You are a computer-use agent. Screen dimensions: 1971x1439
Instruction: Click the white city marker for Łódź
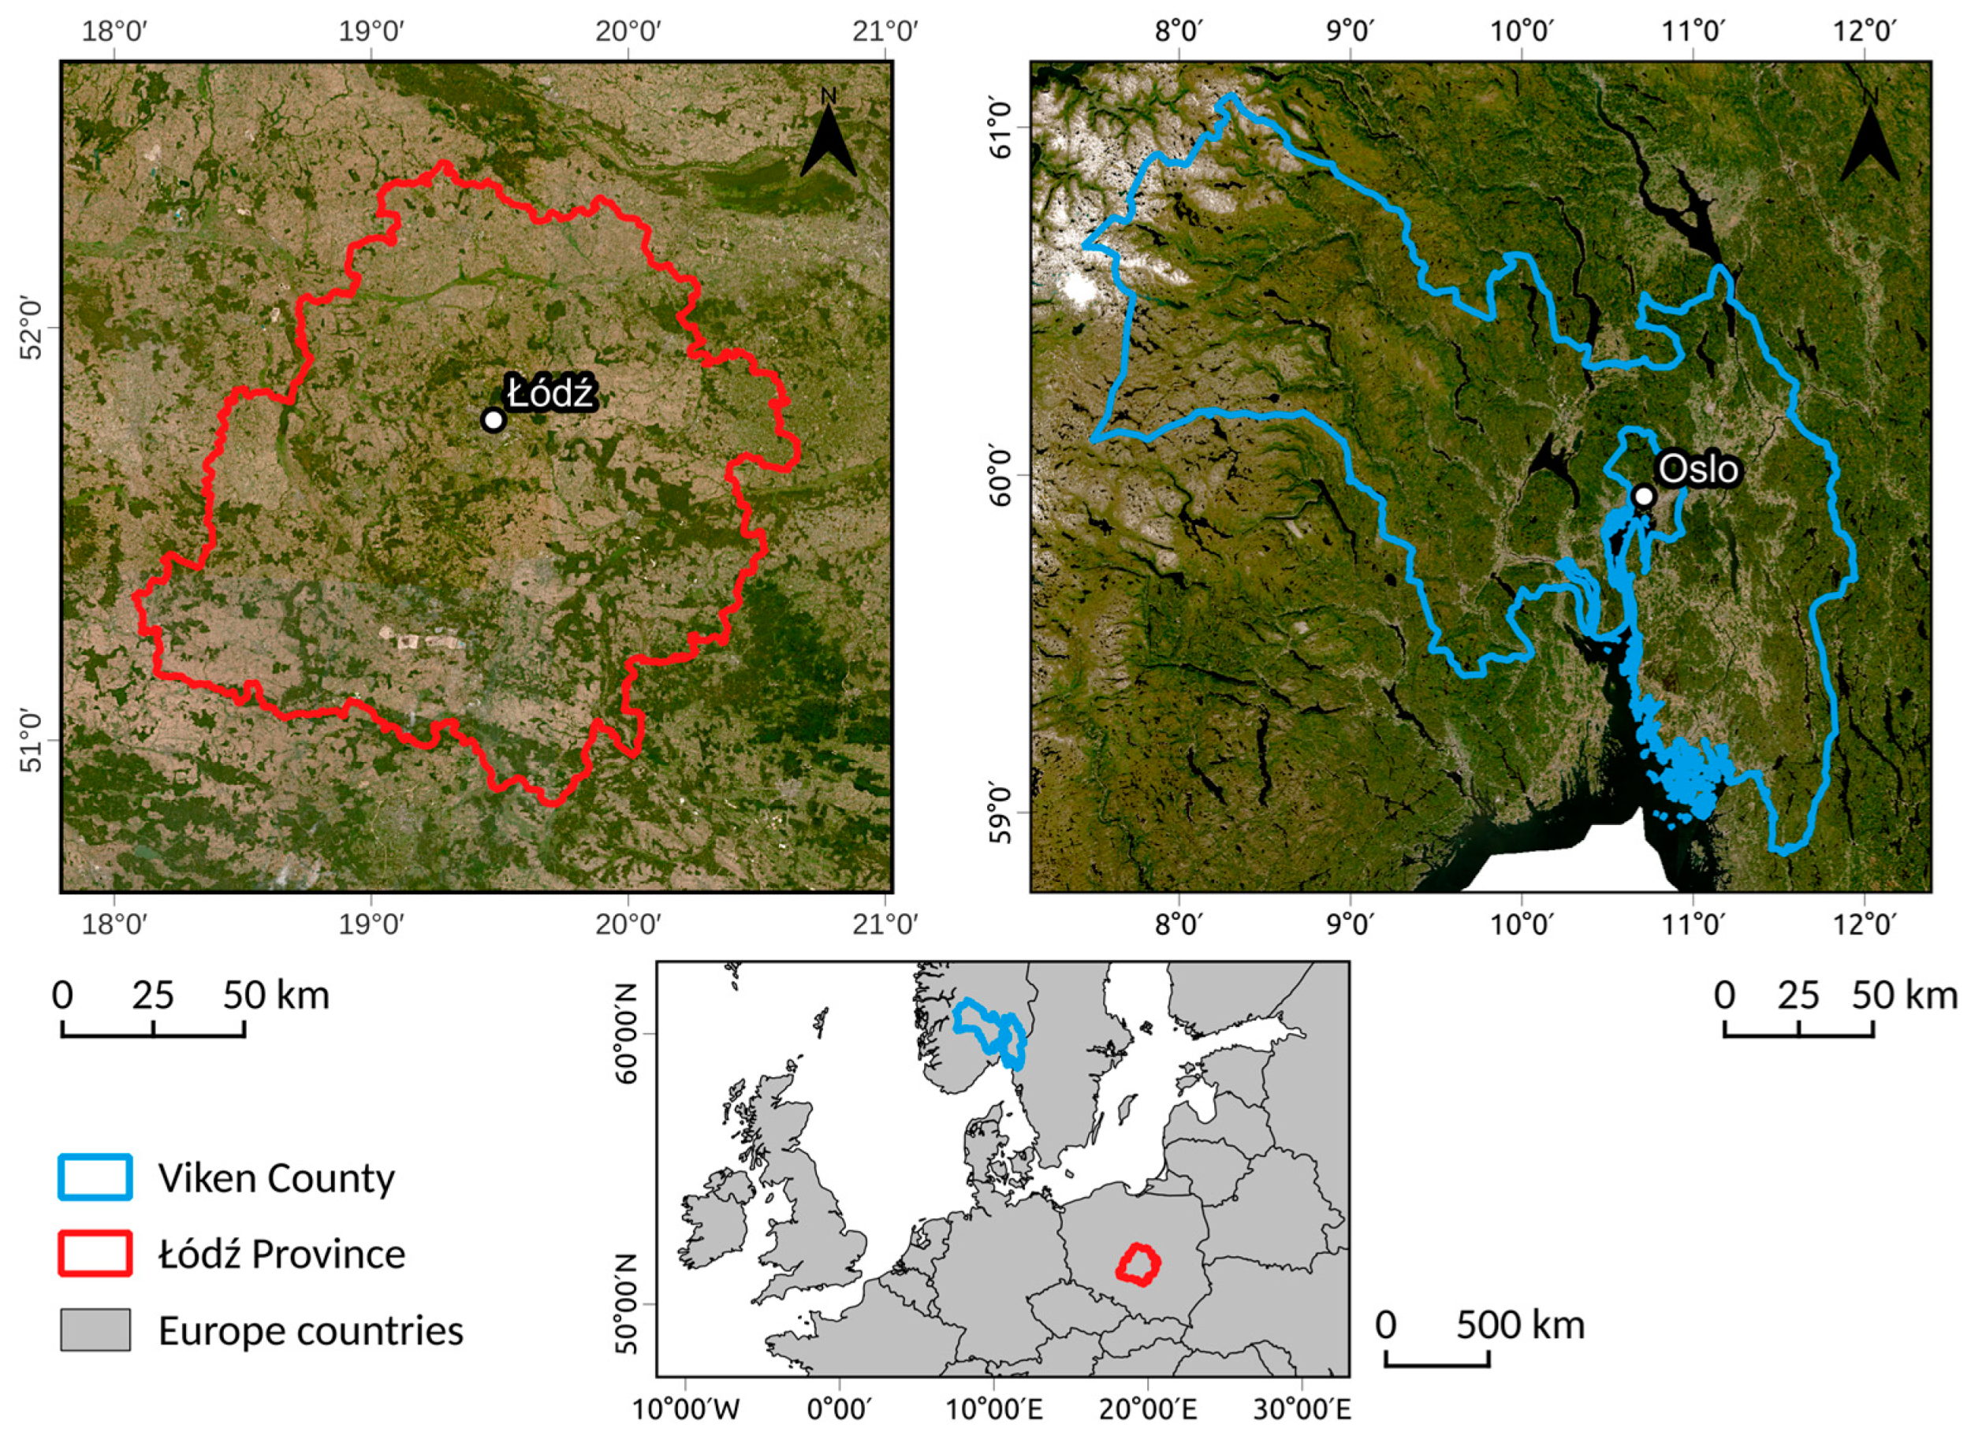tap(494, 420)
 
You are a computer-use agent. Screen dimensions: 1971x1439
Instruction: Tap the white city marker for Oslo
tap(1643, 496)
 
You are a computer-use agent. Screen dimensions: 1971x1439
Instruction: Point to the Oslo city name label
tap(1698, 470)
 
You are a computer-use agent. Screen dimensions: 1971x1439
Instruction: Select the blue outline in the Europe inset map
tap(989, 1032)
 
